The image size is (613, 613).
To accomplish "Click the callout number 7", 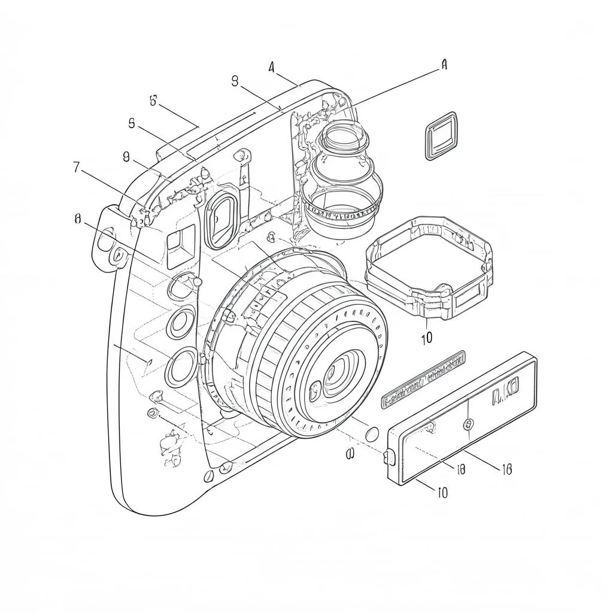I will (76, 168).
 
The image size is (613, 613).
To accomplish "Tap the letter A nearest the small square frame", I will (444, 65).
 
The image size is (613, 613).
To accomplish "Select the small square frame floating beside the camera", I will (441, 136).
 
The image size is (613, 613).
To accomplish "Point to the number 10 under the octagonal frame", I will (426, 338).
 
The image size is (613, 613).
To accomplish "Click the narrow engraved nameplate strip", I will (423, 381).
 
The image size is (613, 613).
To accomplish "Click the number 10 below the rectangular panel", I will (441, 493).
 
